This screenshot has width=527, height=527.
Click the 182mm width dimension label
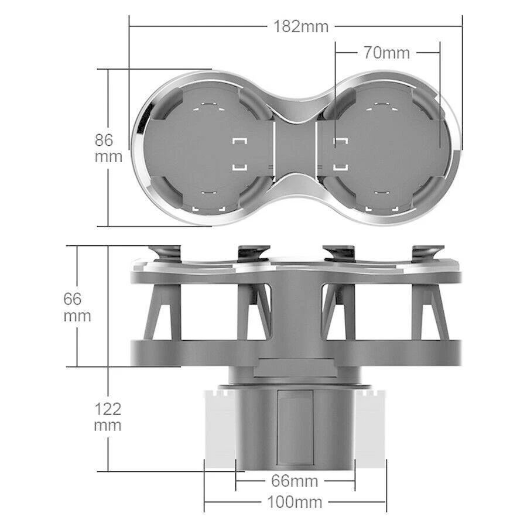pos(300,26)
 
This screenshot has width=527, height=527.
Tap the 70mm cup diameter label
pos(386,52)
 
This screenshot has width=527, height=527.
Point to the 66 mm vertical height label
pos(77,307)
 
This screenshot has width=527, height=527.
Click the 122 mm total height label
pos(108,416)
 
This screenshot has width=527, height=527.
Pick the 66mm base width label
pos(295,481)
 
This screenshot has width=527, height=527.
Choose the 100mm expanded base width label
pos(295,502)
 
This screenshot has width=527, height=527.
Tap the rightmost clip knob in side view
pos(425,253)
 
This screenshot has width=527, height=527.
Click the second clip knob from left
pos(253,253)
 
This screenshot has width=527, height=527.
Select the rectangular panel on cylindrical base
pos(295,427)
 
